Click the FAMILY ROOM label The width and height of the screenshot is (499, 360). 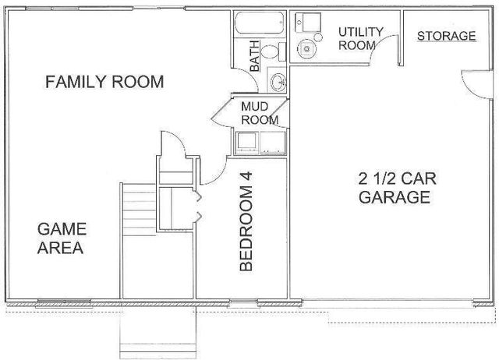point(104,82)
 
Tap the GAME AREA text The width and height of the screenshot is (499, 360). point(62,238)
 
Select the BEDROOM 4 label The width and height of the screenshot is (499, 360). point(246,221)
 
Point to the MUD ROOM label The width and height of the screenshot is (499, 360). point(259,113)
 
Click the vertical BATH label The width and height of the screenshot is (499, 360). point(254,56)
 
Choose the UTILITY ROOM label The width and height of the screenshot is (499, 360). point(359,38)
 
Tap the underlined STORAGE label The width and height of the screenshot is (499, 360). point(446,36)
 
